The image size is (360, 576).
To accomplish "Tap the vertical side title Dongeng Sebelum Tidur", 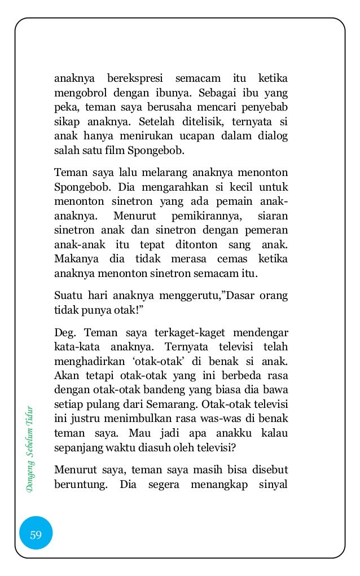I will [33, 448].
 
